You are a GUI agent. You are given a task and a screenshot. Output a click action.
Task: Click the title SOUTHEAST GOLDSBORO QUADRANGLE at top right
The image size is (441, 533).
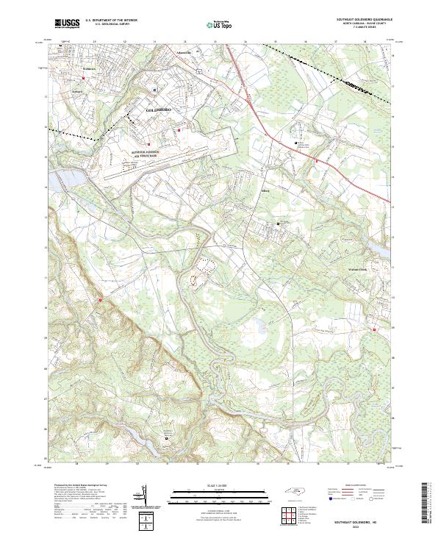click(364, 20)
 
